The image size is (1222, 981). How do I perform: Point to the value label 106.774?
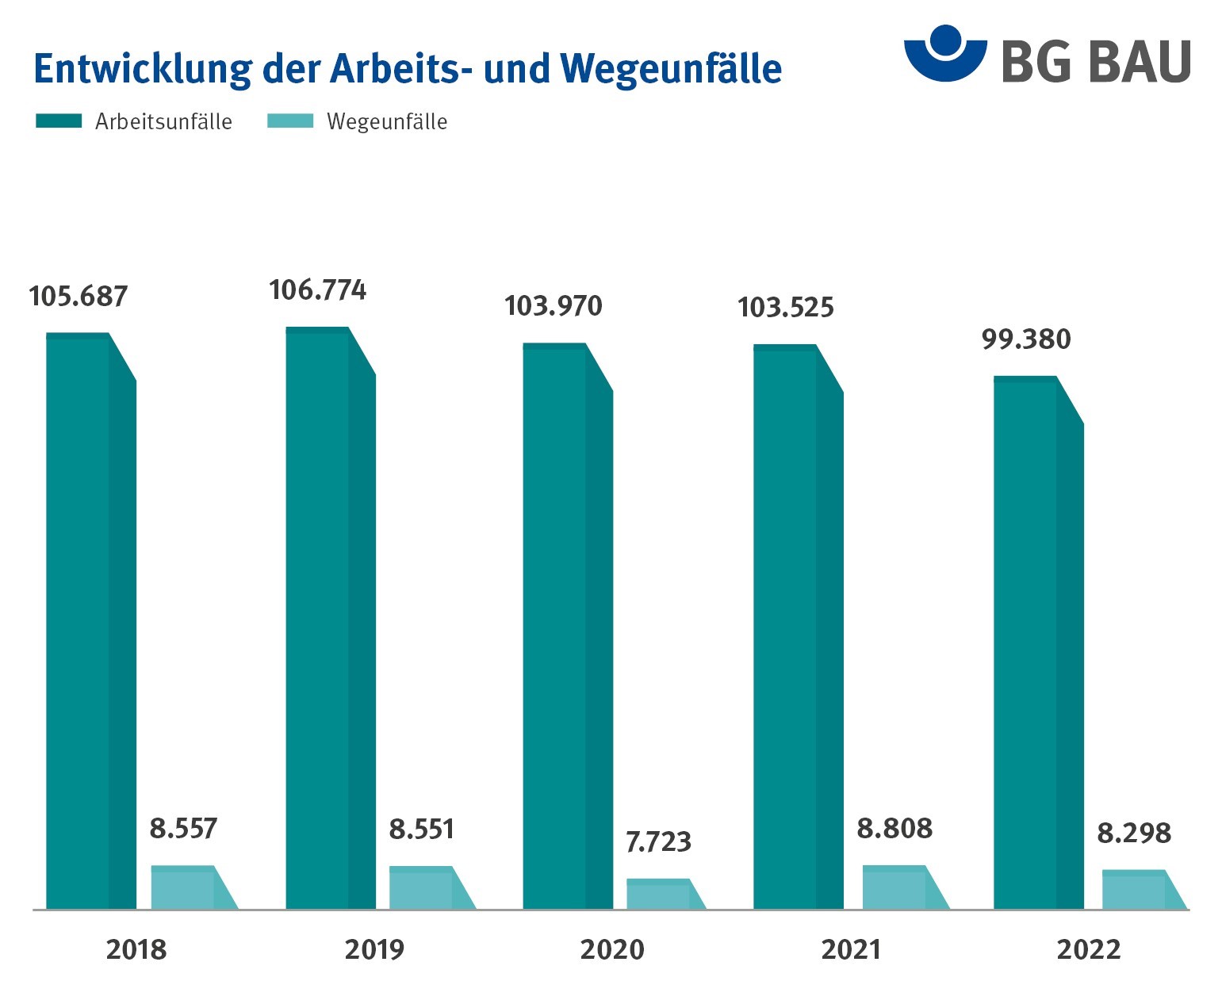(317, 290)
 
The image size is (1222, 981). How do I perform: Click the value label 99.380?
(1026, 339)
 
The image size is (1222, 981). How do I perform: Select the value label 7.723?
(658, 841)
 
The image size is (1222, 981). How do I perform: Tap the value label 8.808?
(894, 829)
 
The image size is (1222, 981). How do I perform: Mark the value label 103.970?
(554, 306)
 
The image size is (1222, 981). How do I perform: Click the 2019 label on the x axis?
(374, 949)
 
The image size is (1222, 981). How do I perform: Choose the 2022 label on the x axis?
(1088, 949)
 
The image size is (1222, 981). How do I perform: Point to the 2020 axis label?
(612, 949)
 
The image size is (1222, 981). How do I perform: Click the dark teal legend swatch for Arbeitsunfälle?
(59, 121)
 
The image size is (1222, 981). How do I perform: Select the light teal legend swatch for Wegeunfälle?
(290, 121)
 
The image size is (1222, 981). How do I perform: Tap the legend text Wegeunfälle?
(387, 122)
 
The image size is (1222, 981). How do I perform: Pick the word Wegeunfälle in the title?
(671, 69)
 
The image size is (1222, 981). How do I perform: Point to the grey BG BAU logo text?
(1096, 61)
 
